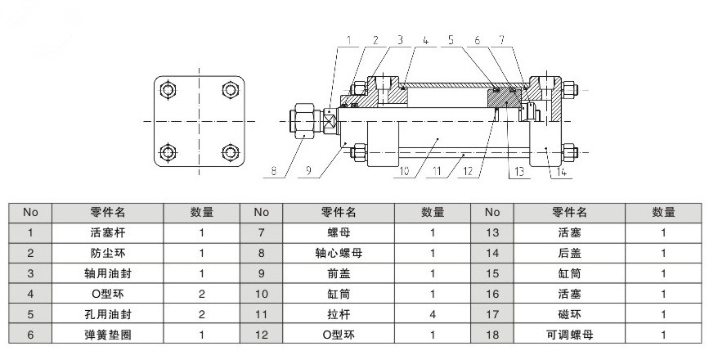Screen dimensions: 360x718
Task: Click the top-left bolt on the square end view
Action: coord(168,89)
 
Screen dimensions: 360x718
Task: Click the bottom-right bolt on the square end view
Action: coord(230,152)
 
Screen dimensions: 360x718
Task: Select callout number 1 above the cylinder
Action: coord(348,39)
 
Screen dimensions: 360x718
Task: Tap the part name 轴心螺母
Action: coord(337,253)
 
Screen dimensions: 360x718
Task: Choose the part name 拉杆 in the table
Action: coord(337,314)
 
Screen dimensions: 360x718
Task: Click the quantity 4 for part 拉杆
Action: coord(433,314)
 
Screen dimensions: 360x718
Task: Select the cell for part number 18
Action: coord(491,335)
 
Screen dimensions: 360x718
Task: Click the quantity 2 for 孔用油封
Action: coord(202,314)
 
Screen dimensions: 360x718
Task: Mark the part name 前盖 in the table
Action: coord(337,273)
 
